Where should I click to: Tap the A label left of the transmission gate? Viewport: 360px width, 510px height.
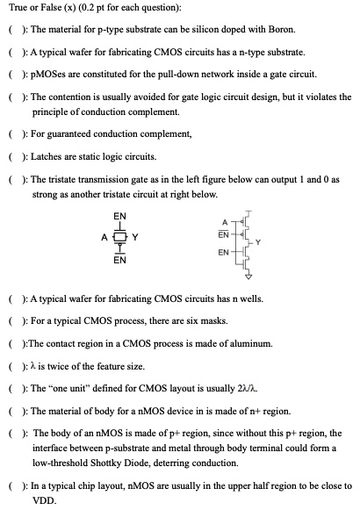pyautogui.click(x=104, y=235)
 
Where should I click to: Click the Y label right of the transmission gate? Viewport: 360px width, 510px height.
pyautogui.click(x=136, y=235)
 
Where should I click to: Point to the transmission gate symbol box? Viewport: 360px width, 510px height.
pyautogui.click(x=120, y=235)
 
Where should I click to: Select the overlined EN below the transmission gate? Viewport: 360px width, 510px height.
pyautogui.click(x=120, y=260)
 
